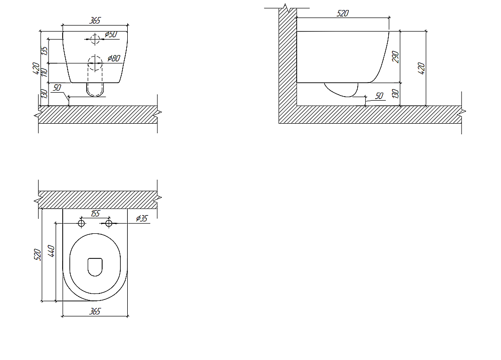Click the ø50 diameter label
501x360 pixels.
pos(111,35)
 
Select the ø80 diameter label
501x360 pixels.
pos(114,58)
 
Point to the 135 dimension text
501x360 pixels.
pos(44,51)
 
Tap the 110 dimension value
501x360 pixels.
pos(44,72)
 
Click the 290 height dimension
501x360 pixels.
pos(396,57)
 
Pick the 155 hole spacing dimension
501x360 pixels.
pos(95,213)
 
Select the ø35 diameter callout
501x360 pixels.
pos(142,218)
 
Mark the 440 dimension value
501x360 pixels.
pos(51,251)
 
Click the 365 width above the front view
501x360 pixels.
pos(95,21)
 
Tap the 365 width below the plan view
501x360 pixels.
pos(95,311)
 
